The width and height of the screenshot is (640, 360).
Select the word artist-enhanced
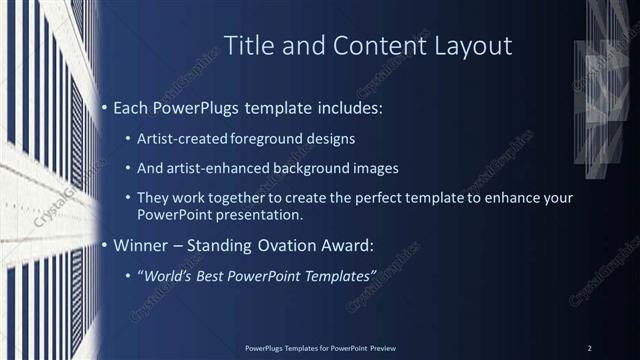[x=225, y=167]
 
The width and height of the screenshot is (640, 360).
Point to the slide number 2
[x=590, y=348]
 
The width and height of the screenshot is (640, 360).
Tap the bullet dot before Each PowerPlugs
[x=104, y=107]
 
